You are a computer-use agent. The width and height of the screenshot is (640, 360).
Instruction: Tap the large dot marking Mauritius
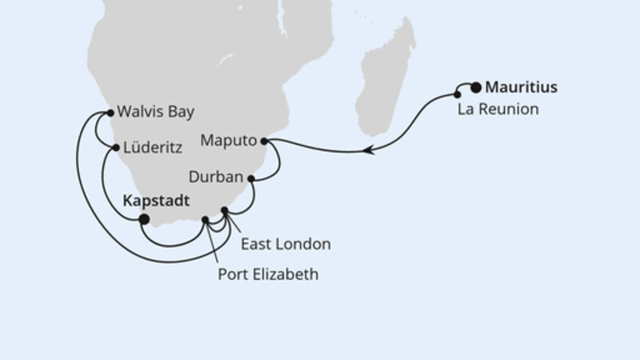[476, 87]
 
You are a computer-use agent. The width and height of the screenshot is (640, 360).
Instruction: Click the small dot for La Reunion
[458, 94]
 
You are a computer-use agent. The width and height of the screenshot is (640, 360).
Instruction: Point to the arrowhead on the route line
[369, 149]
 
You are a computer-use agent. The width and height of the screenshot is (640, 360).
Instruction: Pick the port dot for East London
[225, 211]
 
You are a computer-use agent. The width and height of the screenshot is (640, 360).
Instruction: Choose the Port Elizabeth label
[268, 274]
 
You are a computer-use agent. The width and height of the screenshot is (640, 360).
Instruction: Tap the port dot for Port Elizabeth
[206, 219]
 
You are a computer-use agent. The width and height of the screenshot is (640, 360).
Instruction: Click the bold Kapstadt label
[158, 202]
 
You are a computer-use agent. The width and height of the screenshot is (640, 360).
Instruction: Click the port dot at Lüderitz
[115, 148]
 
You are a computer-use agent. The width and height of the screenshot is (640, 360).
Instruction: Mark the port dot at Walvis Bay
[110, 113]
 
